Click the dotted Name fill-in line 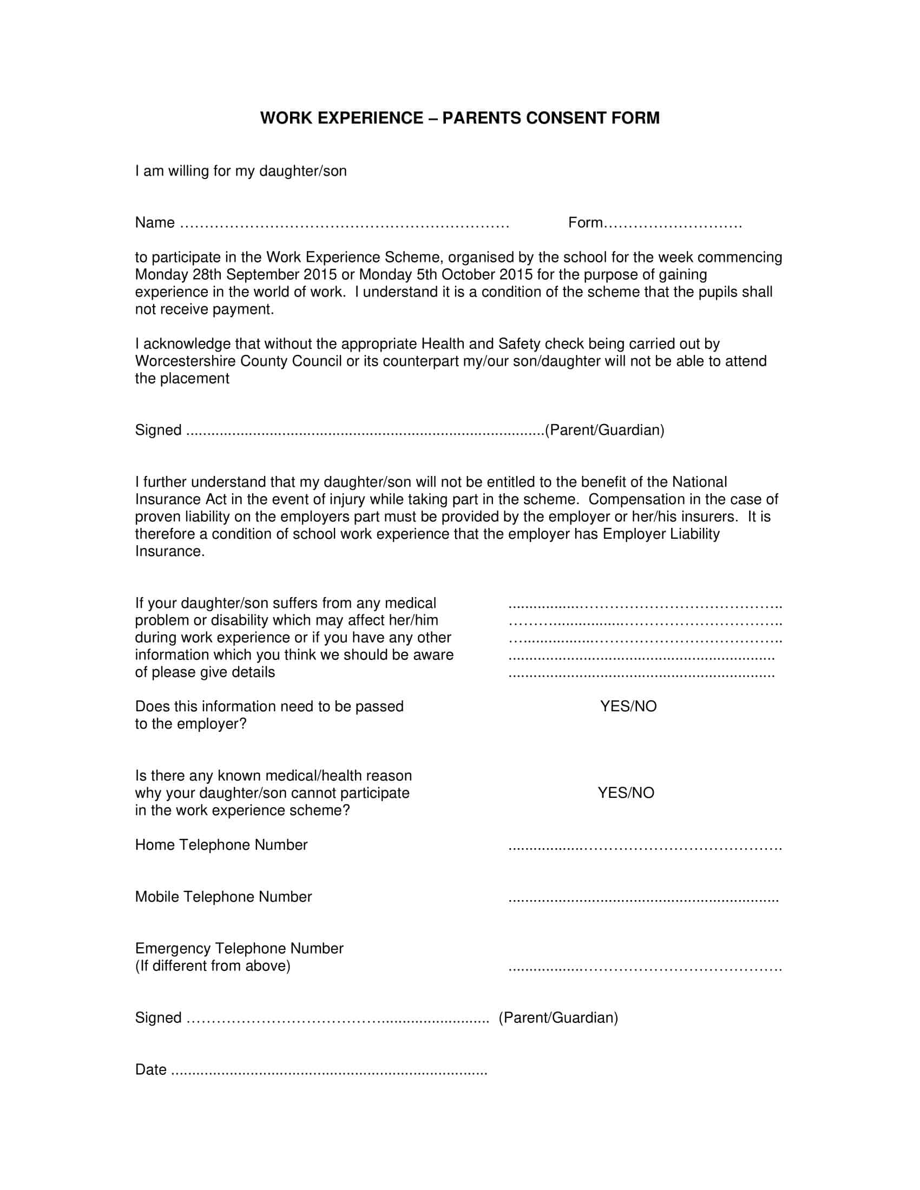click(x=344, y=223)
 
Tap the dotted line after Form click(x=673, y=223)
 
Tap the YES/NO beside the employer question click(x=628, y=707)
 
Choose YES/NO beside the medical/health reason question click(x=626, y=793)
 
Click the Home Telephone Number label click(x=221, y=845)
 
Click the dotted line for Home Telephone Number click(x=645, y=847)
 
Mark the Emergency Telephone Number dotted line click(x=645, y=968)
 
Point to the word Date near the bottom click(x=150, y=1069)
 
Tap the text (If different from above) click(x=213, y=966)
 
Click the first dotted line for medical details click(x=645, y=605)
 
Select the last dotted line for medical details click(x=641, y=675)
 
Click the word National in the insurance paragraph click(x=699, y=482)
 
